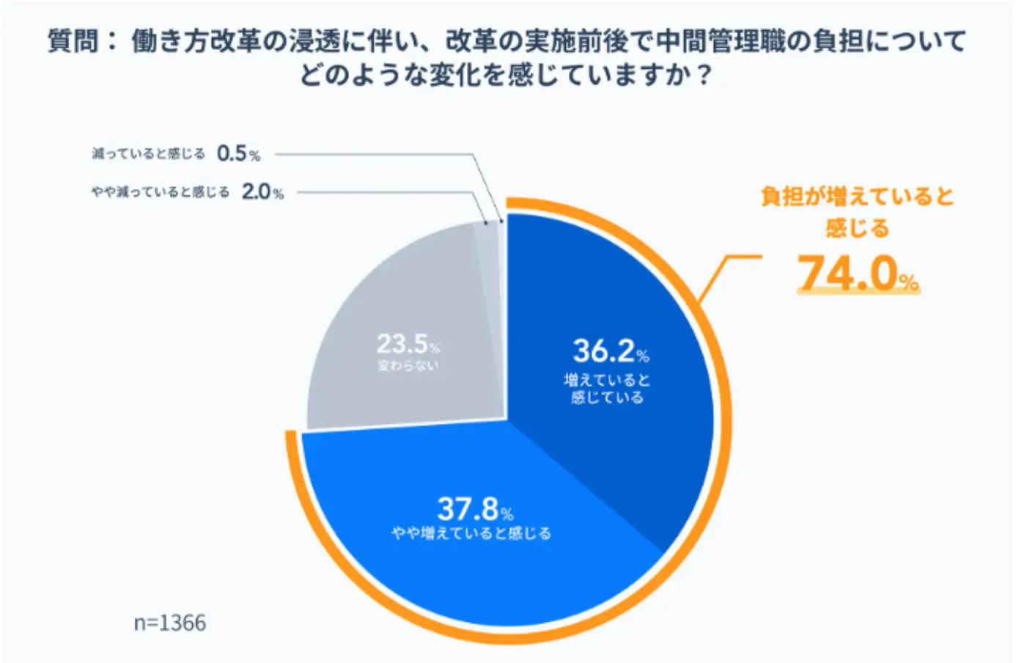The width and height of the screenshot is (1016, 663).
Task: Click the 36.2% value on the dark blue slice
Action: coord(611,351)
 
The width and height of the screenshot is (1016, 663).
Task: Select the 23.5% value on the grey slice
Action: coord(408,344)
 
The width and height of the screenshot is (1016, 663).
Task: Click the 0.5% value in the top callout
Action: coord(238,153)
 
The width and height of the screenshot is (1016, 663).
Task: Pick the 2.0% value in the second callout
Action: coord(262,191)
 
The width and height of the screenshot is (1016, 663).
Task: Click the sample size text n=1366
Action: coord(170,623)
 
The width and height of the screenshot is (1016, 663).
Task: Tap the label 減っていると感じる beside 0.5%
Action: coord(148,154)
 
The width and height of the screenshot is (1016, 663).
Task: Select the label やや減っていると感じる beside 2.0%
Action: coord(161,192)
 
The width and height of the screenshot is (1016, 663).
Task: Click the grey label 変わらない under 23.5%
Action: coord(408,365)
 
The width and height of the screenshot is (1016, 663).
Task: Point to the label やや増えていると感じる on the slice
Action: coord(472,532)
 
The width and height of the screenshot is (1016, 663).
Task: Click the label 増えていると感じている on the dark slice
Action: coord(608,389)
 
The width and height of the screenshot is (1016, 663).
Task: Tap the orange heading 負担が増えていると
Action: coord(857,197)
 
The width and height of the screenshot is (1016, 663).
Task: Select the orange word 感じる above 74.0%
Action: coord(857,228)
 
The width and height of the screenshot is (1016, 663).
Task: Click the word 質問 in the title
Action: coord(73,41)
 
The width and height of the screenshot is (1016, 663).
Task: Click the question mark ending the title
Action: coord(704,75)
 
